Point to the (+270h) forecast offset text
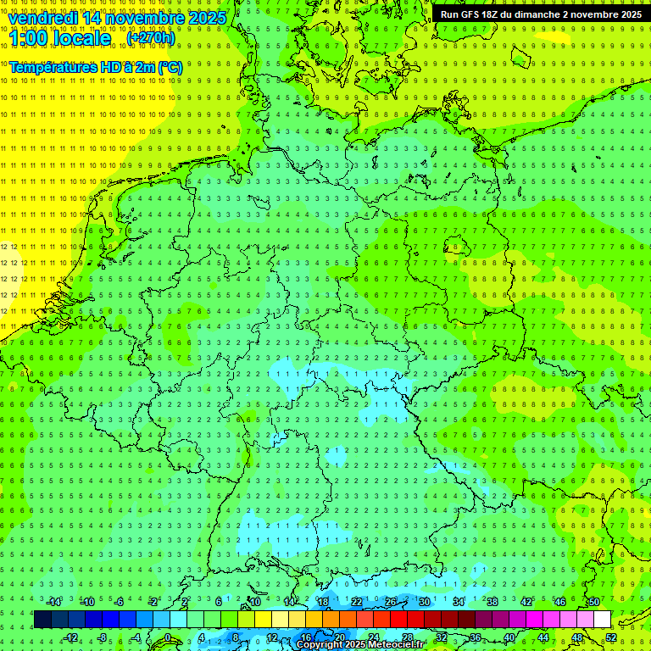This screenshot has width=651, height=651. click(151, 38)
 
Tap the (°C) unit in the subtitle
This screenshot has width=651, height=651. click(170, 67)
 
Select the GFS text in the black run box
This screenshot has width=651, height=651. click(470, 14)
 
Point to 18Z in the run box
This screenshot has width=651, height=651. click(491, 14)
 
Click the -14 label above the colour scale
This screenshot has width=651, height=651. click(54, 603)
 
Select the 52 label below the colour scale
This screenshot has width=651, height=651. click(611, 637)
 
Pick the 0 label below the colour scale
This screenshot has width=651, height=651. click(167, 637)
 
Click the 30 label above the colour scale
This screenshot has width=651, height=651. click(424, 603)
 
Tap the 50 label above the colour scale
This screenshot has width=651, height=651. click(593, 603)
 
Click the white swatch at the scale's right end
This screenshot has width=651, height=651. click(602, 620)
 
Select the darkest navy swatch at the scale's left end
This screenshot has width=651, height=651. click(42, 620)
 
